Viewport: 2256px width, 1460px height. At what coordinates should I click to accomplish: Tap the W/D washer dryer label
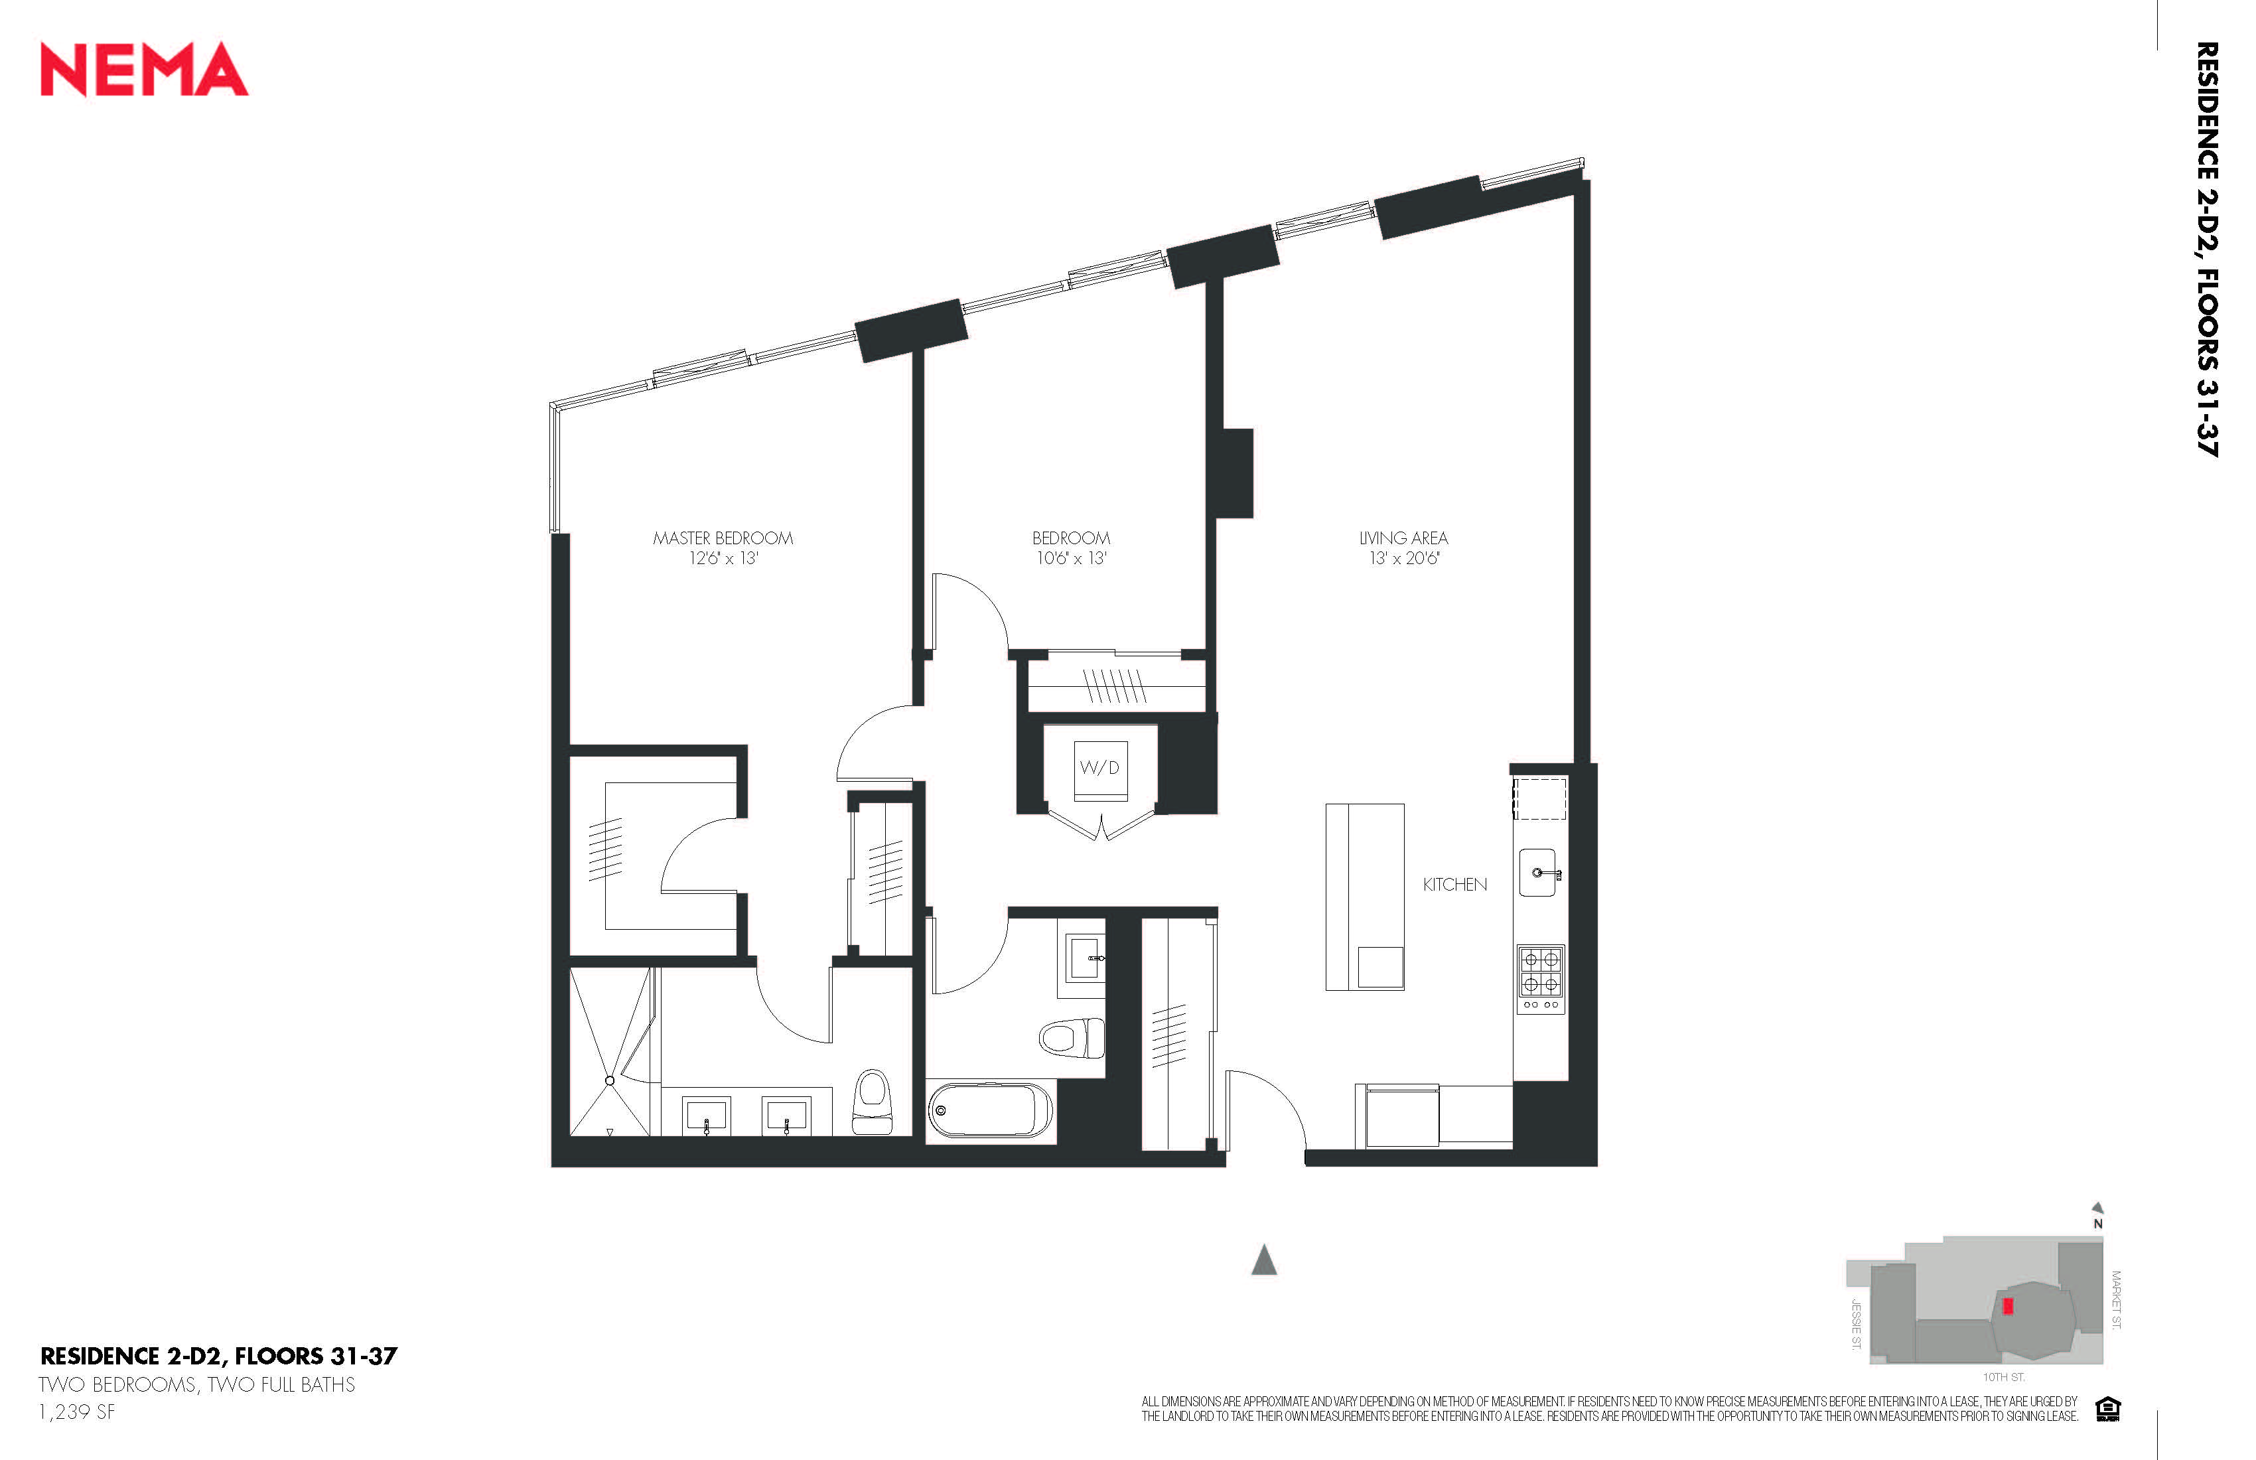click(1099, 768)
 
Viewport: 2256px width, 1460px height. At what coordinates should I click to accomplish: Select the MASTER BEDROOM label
click(723, 538)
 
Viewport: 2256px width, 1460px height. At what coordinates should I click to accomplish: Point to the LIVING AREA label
click(1404, 538)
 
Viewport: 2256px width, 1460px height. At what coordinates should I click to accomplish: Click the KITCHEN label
click(1455, 885)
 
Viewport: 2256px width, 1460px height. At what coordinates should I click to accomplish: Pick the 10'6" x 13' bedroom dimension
click(1071, 558)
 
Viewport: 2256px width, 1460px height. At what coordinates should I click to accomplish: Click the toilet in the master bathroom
click(872, 1102)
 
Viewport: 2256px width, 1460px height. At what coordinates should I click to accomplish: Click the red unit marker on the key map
click(2008, 1305)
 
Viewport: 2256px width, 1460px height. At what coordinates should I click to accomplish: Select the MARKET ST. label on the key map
click(2117, 1300)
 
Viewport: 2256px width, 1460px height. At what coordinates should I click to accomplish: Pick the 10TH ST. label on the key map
click(2004, 1376)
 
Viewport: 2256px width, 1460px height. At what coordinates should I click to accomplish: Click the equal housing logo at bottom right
click(2108, 1409)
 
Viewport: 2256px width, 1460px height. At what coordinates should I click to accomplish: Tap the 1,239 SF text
click(77, 1412)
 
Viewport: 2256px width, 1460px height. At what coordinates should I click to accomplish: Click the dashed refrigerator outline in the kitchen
click(1539, 798)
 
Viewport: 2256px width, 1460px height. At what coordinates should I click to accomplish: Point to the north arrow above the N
click(2097, 1208)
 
